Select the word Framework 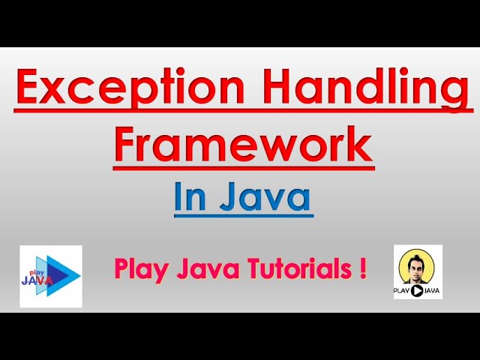click(243, 144)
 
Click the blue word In click(190, 198)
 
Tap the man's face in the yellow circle click(418, 264)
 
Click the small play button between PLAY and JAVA click(418, 291)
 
